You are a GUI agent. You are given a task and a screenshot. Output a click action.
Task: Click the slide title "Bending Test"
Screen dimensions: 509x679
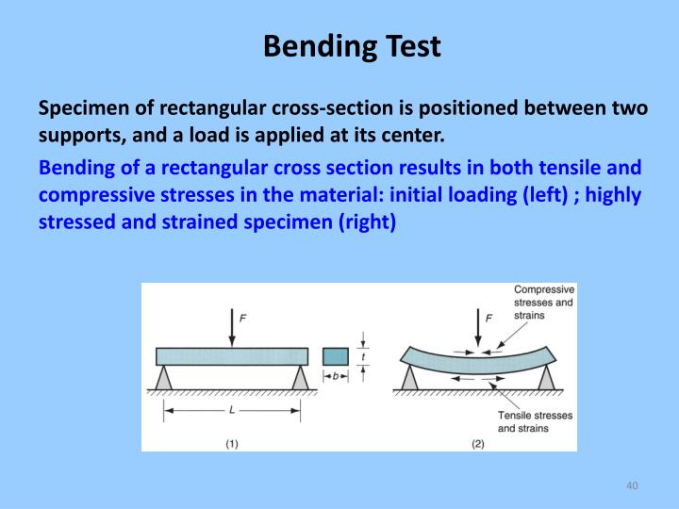(x=352, y=45)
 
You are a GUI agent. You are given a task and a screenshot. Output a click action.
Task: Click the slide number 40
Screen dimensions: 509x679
(x=633, y=484)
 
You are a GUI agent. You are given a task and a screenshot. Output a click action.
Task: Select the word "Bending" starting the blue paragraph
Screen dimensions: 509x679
(x=75, y=168)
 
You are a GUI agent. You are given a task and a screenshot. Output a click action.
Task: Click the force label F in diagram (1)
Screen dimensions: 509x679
(x=243, y=319)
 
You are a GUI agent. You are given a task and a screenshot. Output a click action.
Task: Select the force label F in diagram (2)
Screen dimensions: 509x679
(x=489, y=319)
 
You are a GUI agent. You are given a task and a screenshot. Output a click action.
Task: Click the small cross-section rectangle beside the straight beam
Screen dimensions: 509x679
(x=335, y=356)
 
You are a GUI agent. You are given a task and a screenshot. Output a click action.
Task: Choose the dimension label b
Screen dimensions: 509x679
(x=335, y=376)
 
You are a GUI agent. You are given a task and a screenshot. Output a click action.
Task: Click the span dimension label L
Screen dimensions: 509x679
(x=232, y=410)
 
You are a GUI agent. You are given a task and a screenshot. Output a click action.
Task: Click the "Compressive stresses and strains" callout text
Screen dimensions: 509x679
(x=544, y=303)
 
